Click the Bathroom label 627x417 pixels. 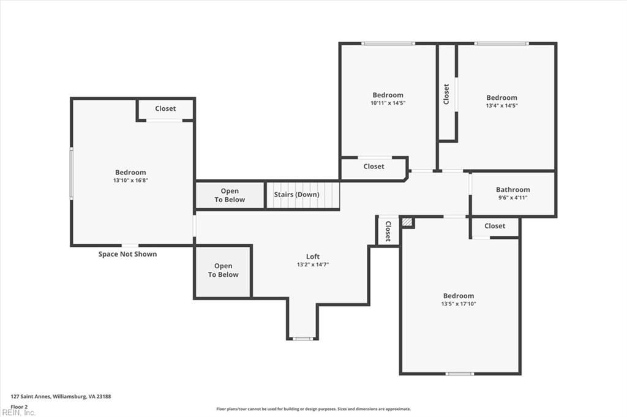[x=512, y=189]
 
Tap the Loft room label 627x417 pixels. [x=313, y=257]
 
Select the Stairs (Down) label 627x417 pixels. [x=296, y=195]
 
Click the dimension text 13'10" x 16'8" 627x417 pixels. [x=130, y=180]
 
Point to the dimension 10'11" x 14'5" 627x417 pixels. [x=388, y=103]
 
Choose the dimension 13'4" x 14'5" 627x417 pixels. [x=501, y=105]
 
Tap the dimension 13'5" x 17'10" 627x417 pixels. [x=458, y=304]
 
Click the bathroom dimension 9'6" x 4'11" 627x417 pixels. [x=512, y=198]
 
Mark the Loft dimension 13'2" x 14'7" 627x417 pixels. [x=313, y=265]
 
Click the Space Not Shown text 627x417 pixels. [x=127, y=254]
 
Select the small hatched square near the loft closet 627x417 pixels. [x=407, y=222]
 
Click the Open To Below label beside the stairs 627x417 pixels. [x=230, y=195]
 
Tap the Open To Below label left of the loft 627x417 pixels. [x=223, y=270]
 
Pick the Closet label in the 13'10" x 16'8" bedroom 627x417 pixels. [x=165, y=108]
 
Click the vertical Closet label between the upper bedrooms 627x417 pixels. [x=446, y=94]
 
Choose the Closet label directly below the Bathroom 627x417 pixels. [x=495, y=226]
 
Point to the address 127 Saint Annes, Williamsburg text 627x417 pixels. [x=61, y=397]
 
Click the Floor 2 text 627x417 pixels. [x=19, y=407]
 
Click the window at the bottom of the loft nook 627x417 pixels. [x=302, y=339]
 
